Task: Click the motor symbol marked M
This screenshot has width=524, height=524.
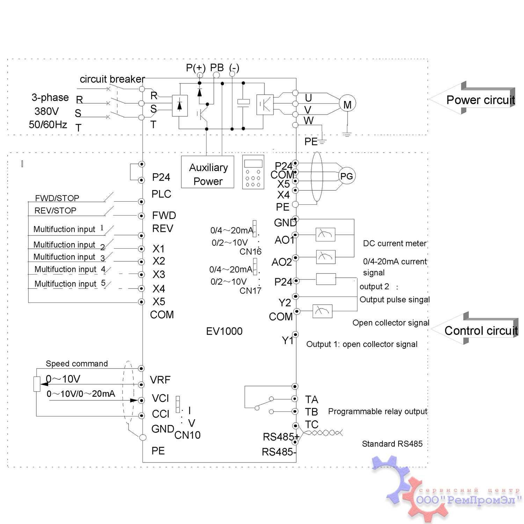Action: (347, 104)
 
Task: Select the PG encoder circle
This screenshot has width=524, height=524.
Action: (346, 176)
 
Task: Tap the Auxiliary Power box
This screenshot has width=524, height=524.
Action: (208, 174)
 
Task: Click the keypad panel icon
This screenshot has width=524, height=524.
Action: (253, 172)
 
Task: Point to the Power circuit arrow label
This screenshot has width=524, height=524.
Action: (480, 100)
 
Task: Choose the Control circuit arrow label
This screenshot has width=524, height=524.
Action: (481, 330)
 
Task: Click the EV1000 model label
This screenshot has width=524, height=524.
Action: (224, 331)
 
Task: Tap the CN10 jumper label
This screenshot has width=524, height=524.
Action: (187, 435)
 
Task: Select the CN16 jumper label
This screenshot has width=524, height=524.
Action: (250, 252)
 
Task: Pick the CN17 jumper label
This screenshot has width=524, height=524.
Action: (250, 291)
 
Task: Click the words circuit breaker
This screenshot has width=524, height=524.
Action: (112, 79)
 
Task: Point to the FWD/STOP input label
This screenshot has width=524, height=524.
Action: (57, 198)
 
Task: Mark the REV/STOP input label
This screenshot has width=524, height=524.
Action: (55, 211)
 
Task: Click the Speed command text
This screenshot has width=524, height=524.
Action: (77, 364)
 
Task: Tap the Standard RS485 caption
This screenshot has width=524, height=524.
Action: (392, 444)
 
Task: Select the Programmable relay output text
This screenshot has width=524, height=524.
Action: (378, 412)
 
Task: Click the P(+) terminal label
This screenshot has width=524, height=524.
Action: (196, 68)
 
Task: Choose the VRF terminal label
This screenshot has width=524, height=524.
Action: (160, 380)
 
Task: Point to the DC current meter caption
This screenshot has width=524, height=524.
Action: (395, 243)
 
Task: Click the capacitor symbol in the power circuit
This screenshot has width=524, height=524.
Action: (243, 102)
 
